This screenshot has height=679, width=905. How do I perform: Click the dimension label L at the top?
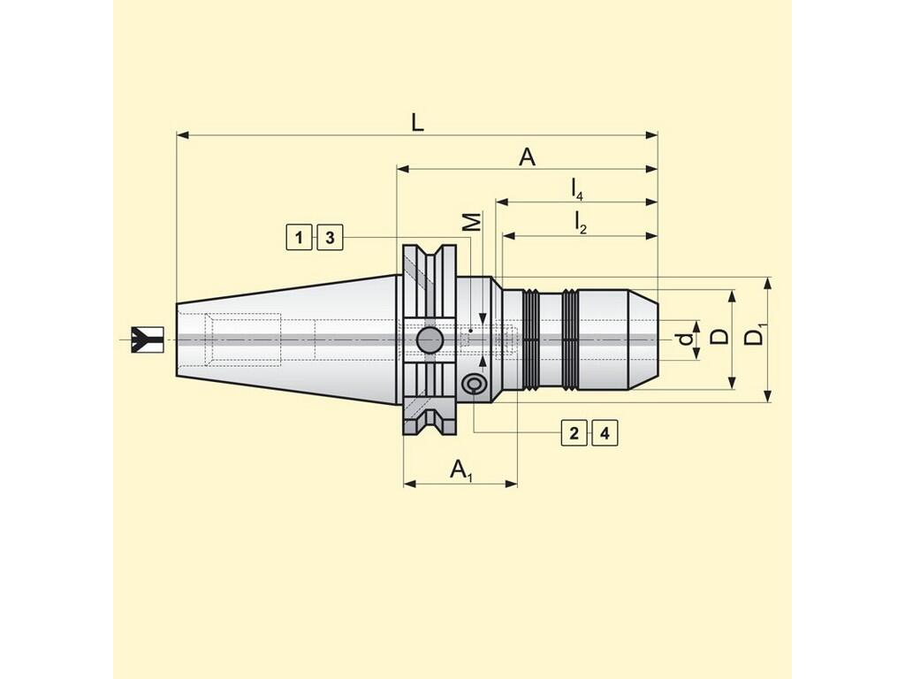click(417, 122)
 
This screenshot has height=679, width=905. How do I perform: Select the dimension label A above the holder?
click(527, 156)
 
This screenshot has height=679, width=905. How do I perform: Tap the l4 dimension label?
click(576, 189)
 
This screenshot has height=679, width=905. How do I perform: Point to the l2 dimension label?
click(580, 222)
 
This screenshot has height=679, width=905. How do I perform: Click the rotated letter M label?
click(473, 222)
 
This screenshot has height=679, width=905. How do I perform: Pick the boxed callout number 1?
click(299, 237)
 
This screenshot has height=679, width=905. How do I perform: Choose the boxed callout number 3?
click(330, 237)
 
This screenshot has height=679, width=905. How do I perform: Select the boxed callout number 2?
click(574, 433)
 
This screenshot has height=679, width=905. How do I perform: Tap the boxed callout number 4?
click(605, 433)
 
